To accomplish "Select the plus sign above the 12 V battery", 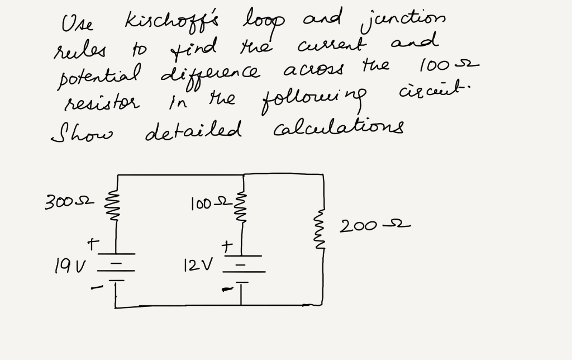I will point(226,245).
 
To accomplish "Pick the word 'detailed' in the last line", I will point(193,132).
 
